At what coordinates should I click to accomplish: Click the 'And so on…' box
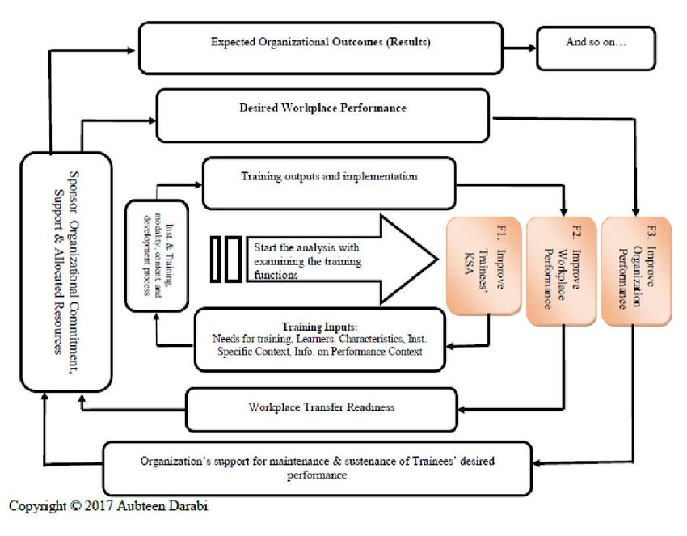coord(596,49)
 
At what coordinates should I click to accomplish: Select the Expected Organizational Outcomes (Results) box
coord(321,49)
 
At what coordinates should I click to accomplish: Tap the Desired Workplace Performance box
coord(322,116)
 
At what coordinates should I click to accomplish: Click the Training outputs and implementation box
coord(329,184)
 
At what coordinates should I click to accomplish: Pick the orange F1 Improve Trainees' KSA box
coord(483,266)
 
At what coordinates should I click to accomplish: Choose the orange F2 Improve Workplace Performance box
coord(561,271)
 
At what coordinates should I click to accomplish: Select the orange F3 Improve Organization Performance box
coord(636,271)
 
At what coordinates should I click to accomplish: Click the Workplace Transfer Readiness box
coord(322,410)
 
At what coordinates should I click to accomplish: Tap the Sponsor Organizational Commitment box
coord(66,272)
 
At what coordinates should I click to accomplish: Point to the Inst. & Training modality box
coord(157,255)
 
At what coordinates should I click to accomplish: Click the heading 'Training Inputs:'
coord(320,327)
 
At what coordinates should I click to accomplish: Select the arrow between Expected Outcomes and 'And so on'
coord(520,48)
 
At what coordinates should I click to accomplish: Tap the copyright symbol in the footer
coord(75,506)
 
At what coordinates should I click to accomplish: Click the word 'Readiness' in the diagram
coord(371,407)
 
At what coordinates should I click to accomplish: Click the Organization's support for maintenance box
coord(317,469)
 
